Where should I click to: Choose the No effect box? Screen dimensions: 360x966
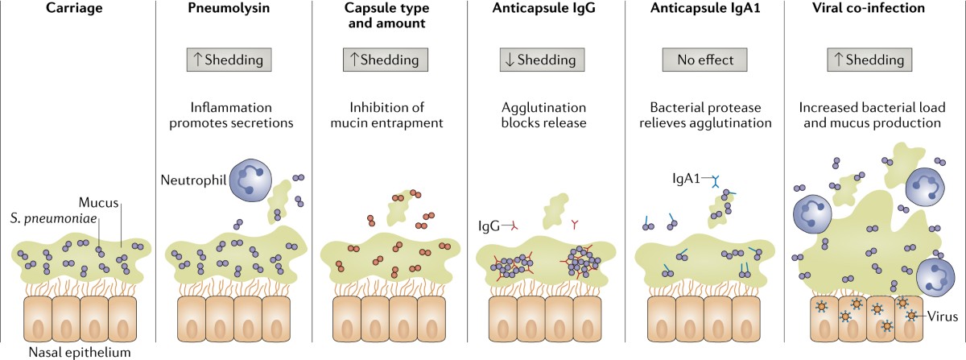[x=704, y=60]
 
